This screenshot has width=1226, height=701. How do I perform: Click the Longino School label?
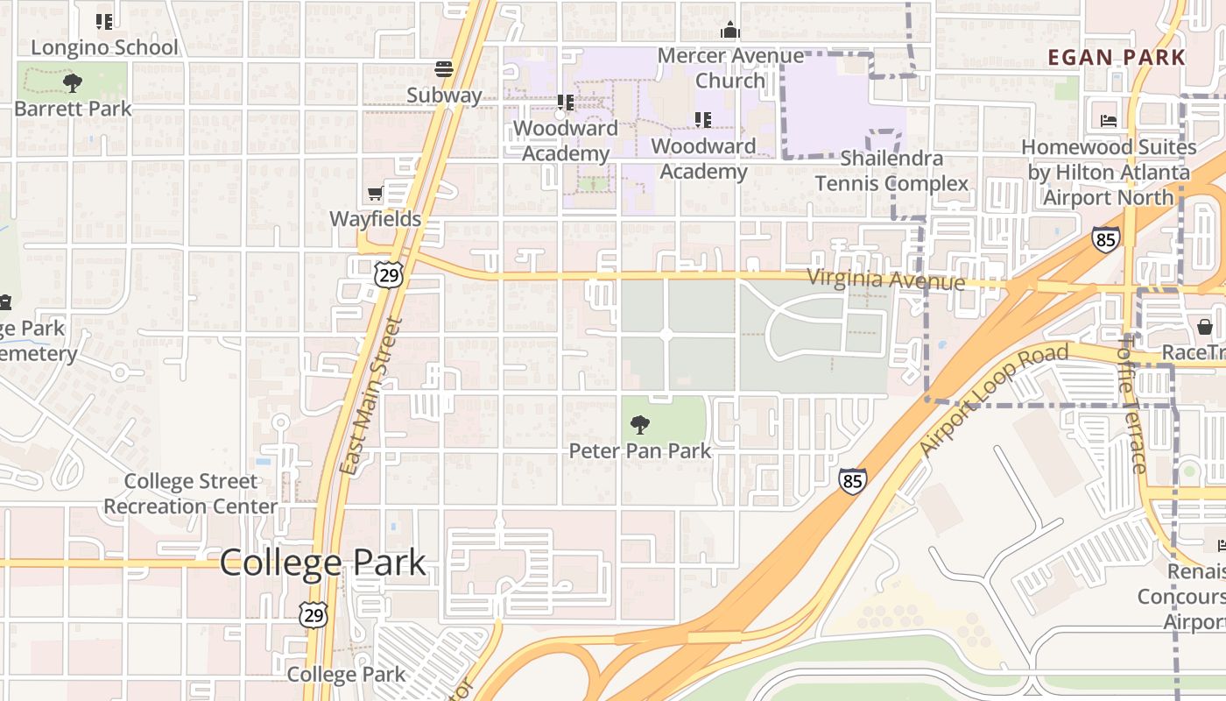coord(104,47)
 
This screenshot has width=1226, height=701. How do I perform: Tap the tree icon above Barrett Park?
coord(73,84)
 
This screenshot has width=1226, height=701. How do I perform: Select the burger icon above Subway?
coord(444,69)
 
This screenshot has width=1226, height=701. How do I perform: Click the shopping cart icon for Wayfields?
coord(376,194)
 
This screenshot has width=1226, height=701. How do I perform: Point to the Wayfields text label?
coord(376,219)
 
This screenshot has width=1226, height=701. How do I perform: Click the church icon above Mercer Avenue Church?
coord(730,31)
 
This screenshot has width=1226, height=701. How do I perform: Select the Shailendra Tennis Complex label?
coord(891,171)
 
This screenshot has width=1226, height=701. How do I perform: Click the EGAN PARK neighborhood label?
coord(1117,58)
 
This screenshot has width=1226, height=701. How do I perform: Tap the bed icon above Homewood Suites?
coord(1109,121)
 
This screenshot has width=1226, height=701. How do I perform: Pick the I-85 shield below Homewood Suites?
coord(1105,239)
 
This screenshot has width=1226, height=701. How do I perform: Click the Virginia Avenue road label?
coord(885,280)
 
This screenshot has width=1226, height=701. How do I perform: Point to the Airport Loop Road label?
coord(995,400)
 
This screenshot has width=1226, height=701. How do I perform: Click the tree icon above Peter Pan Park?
coord(640,425)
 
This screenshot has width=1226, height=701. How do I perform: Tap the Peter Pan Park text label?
coord(640,451)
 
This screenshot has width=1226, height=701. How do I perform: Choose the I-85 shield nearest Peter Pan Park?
coord(852,480)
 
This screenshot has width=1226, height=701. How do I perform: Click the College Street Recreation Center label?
coord(190,494)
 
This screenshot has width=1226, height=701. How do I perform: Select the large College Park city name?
coord(322,563)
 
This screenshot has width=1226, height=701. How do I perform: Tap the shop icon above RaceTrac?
coord(1205,327)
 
